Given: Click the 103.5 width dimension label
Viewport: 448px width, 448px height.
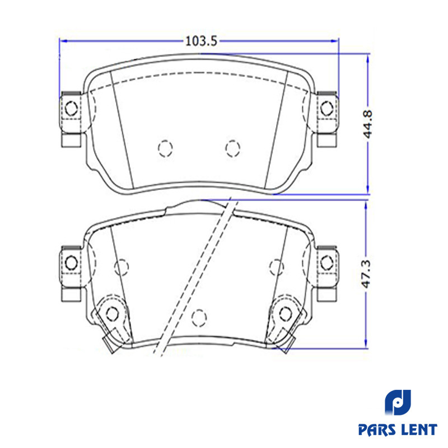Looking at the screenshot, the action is [202, 41].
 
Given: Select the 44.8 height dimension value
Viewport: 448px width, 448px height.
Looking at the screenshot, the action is [368, 124].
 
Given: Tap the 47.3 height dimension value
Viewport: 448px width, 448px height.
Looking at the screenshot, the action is [366, 274].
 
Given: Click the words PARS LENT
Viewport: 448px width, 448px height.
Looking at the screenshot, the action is [398, 430].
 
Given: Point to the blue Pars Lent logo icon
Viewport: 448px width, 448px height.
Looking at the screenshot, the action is [398, 402].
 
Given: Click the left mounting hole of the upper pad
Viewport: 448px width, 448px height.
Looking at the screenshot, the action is [71, 108].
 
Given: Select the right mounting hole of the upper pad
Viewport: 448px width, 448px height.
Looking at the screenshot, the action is [326, 108].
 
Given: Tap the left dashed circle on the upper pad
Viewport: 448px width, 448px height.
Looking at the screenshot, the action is [165, 148].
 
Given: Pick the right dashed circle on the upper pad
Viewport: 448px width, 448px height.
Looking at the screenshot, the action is [232, 148].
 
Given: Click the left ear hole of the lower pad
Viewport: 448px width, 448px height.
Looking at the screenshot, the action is [71, 263].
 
